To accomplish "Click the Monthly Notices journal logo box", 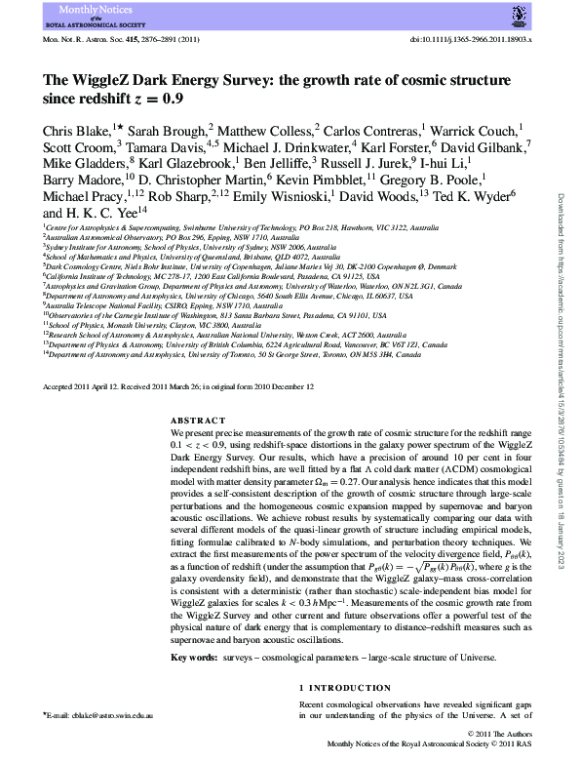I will [x=69, y=16].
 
